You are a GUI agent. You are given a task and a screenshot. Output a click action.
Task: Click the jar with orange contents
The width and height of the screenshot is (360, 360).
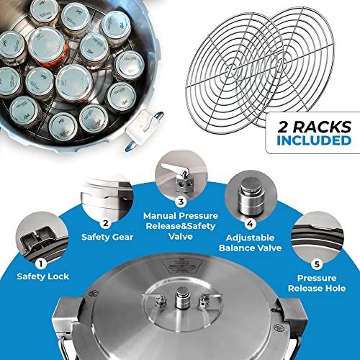point(46,44)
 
